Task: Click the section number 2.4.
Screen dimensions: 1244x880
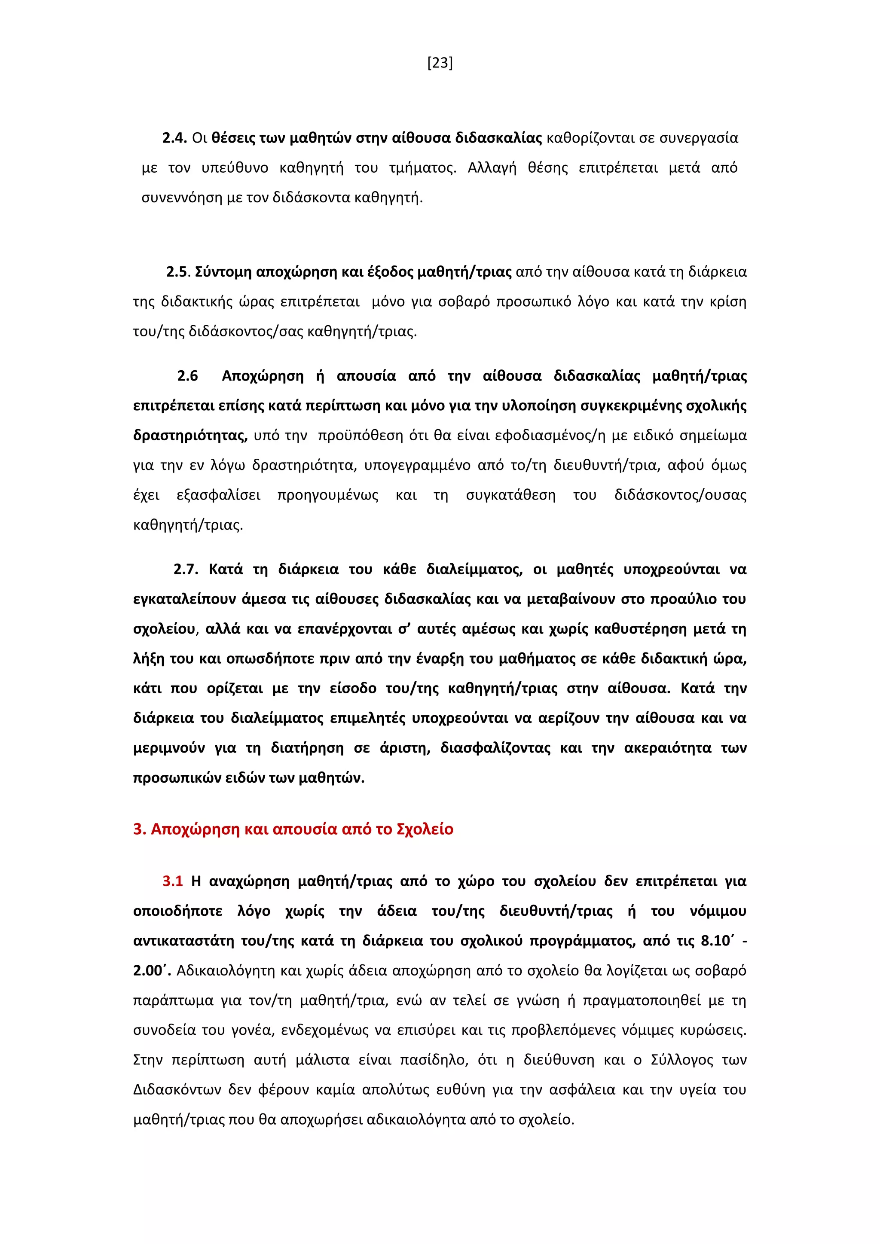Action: coord(174,138)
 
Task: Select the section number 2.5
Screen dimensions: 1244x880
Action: coord(178,272)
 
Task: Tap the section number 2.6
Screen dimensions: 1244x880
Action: coord(187,376)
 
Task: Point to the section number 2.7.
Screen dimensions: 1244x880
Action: coord(185,570)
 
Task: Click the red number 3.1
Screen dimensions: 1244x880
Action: coord(172,881)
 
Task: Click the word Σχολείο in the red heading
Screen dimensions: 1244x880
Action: coord(425,829)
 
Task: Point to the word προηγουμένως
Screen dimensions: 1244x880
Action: coord(327,495)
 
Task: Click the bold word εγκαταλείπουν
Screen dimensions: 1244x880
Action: coord(184,599)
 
